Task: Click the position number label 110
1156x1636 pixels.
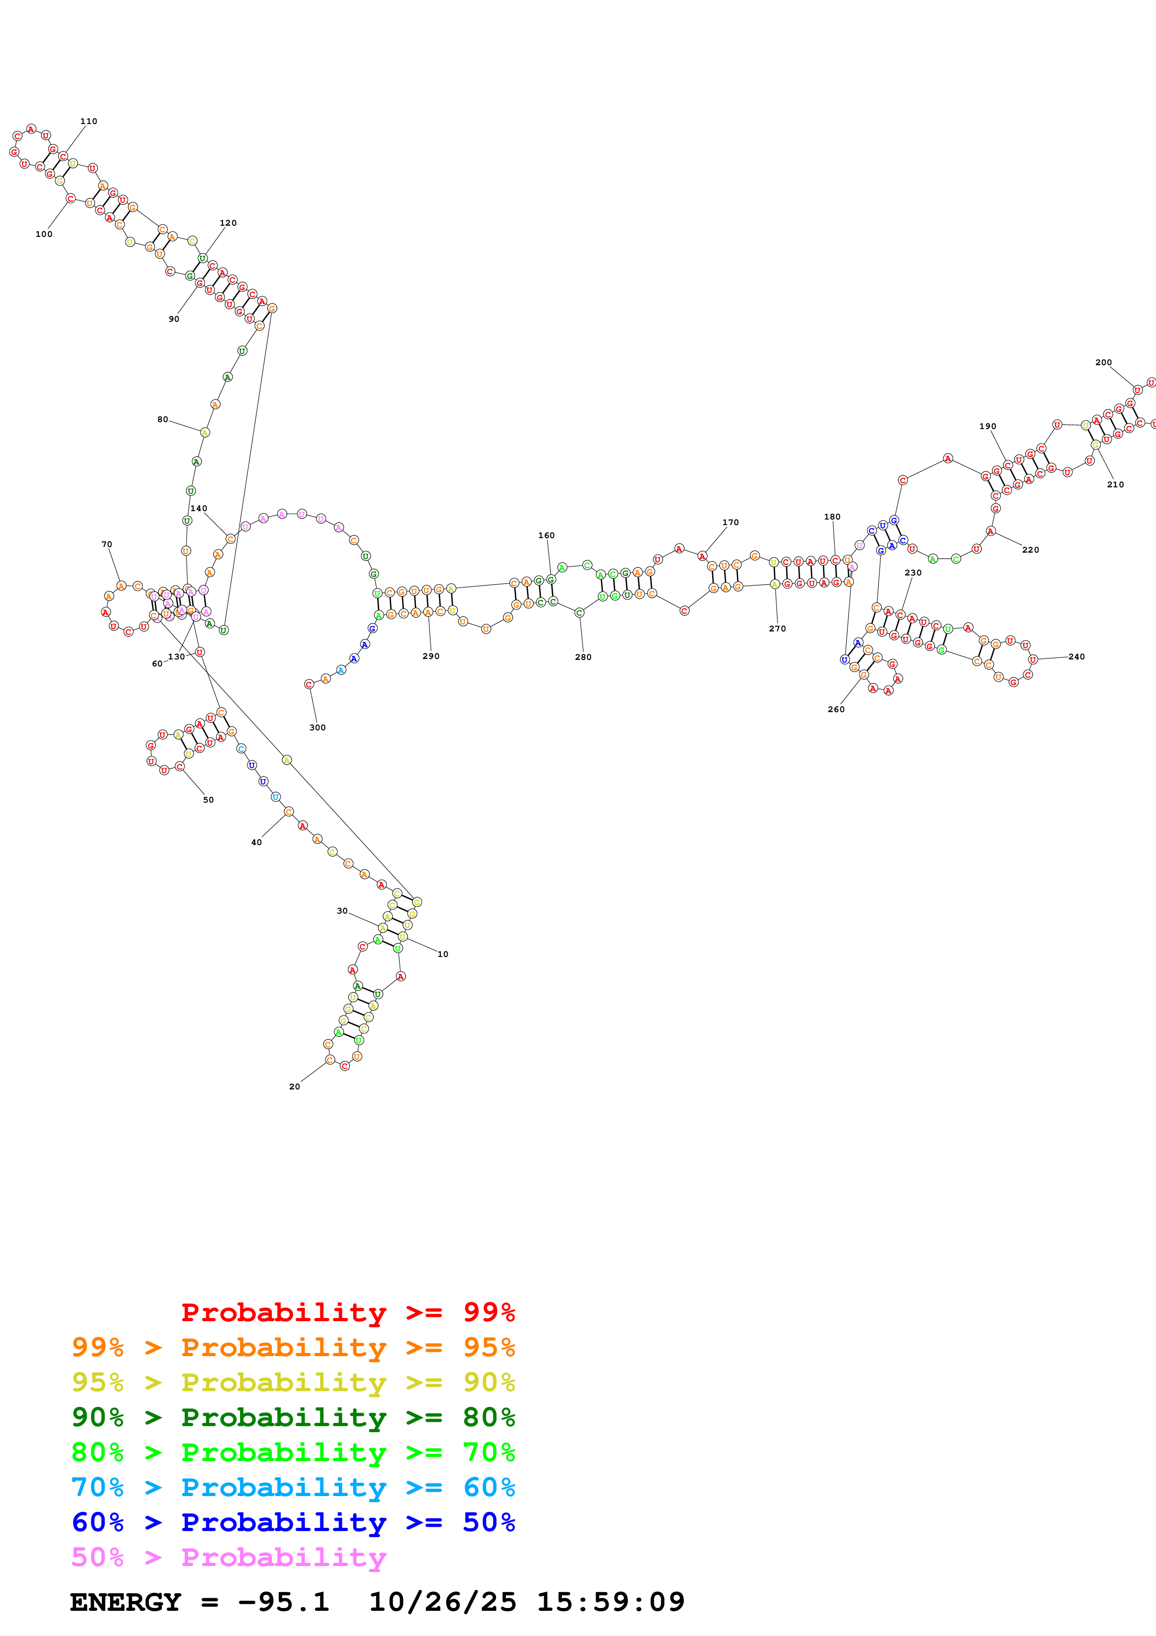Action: (88, 121)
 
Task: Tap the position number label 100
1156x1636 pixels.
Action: (43, 234)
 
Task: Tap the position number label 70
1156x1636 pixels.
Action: (106, 544)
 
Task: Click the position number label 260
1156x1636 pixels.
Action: (836, 708)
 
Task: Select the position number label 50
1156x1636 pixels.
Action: (208, 799)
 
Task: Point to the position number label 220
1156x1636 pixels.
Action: (1030, 549)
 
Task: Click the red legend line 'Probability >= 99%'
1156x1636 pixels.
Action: (347, 1312)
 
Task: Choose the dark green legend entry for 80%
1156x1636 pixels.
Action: (293, 1417)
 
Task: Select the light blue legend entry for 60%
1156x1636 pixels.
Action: (293, 1487)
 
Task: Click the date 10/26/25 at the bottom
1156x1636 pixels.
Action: (442, 1602)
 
